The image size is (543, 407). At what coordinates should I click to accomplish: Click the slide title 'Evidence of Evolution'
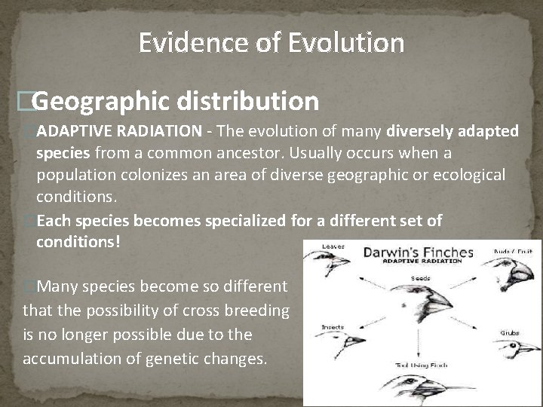pos(271,43)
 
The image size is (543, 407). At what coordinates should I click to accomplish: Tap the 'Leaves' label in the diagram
pos(333,246)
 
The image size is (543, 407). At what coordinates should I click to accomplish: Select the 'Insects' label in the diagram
pos(333,328)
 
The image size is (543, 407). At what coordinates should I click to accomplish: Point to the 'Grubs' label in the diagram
pos(509,332)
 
